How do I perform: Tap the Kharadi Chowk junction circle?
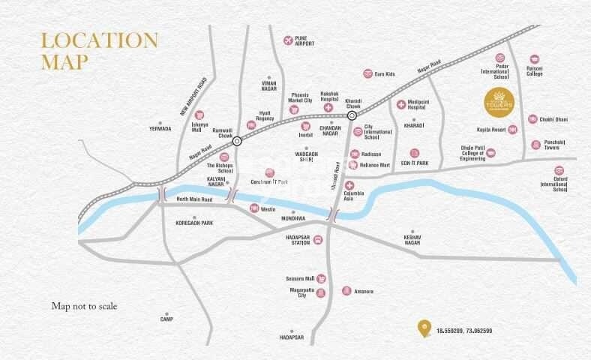tap(352, 115)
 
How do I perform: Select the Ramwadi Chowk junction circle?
tap(237, 140)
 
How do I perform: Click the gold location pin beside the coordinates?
tap(425, 327)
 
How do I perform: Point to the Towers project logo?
tap(497, 99)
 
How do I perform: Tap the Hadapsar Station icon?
tap(318, 239)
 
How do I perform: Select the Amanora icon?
tap(346, 290)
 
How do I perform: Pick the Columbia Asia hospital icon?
tap(349, 184)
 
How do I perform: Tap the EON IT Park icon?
tap(414, 152)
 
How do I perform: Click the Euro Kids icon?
tap(367, 73)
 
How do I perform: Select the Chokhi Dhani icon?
tap(533, 119)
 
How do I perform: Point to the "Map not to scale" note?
tap(84, 306)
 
